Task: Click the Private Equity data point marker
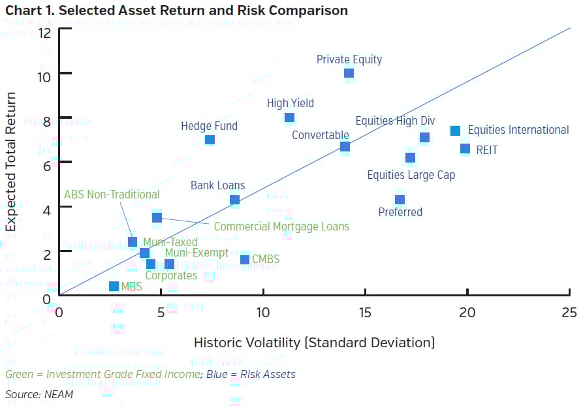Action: tap(349, 73)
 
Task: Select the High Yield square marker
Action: tap(289, 118)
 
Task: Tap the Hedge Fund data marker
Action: tap(210, 140)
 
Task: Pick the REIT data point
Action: tap(465, 149)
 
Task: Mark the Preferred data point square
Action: tap(400, 200)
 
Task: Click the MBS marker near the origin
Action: tap(114, 287)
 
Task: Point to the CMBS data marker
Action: tap(245, 260)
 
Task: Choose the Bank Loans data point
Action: tap(234, 200)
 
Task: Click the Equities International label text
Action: tap(518, 130)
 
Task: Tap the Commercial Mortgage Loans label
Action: tap(281, 226)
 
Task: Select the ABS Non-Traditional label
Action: tap(112, 194)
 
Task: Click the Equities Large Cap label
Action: tap(411, 175)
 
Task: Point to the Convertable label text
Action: tap(320, 135)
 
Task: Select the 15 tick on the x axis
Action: tap(365, 312)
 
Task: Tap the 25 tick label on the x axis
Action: tap(569, 312)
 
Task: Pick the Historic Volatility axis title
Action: tap(314, 343)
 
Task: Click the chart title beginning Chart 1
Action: tap(176, 10)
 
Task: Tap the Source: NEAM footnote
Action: tap(39, 394)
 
